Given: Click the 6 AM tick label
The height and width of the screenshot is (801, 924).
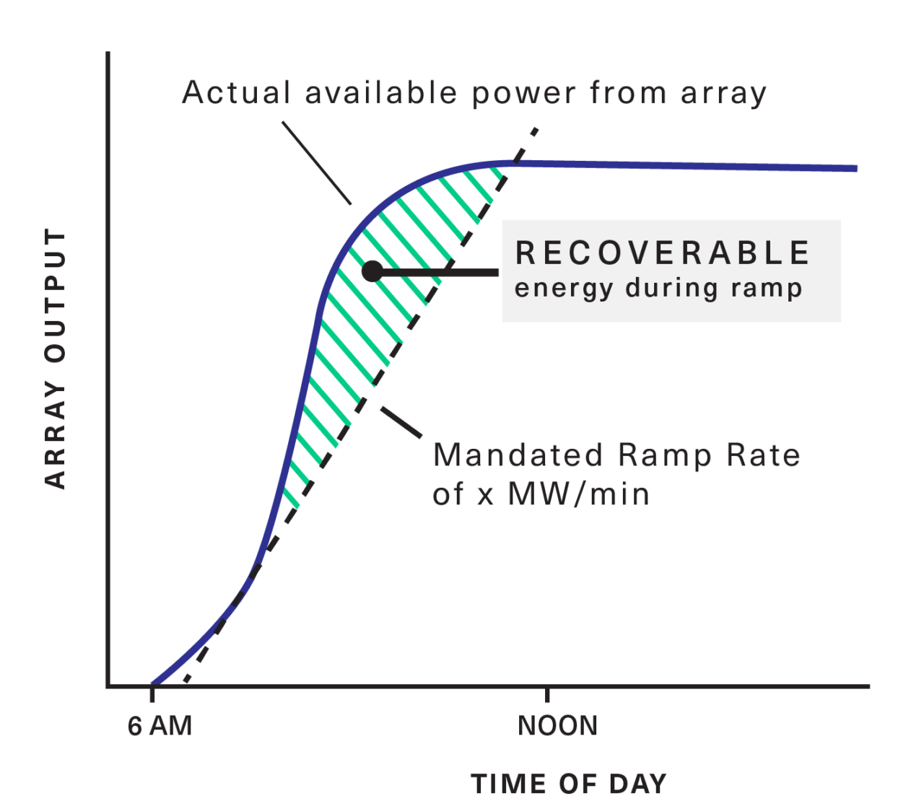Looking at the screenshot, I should click(160, 726).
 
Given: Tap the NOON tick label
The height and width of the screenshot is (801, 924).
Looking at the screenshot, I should click(558, 726).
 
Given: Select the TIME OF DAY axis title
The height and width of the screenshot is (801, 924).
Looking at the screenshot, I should click(568, 784).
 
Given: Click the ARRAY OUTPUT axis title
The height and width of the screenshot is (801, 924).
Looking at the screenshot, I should click(56, 359).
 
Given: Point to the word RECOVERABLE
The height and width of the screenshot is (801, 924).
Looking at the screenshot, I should click(663, 253).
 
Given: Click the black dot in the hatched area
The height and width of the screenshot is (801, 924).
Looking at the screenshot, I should click(372, 271).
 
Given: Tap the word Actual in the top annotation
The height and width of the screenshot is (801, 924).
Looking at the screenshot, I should click(237, 93).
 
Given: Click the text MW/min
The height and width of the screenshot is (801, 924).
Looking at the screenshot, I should click(579, 494).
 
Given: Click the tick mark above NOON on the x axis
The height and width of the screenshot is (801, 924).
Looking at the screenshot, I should click(548, 694).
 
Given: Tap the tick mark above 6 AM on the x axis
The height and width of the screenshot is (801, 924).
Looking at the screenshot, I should click(152, 694).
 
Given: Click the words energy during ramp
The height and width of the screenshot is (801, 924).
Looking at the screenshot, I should click(658, 288).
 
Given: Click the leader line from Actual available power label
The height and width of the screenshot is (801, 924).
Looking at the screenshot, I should click(316, 163).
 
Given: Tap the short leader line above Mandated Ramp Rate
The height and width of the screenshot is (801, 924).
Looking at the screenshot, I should click(401, 423).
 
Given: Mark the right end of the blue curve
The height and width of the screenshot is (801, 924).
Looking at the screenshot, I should click(855, 169).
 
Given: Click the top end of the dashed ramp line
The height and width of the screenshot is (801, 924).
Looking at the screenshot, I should click(536, 130).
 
